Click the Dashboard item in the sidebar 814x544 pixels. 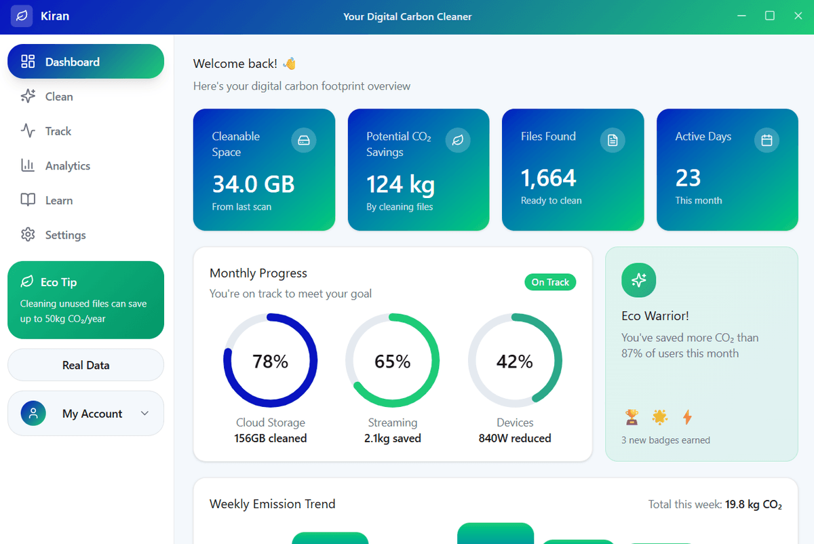(85, 62)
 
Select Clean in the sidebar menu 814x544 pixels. (58, 96)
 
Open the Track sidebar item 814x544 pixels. (58, 131)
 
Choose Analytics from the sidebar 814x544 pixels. (67, 166)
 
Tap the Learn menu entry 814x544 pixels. (58, 200)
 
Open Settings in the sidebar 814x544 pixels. (65, 235)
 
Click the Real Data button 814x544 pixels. (85, 365)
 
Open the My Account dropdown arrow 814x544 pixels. (144, 413)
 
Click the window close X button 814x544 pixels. (798, 16)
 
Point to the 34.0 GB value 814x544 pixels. (253, 184)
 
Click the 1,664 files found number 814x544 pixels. (548, 178)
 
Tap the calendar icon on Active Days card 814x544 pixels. (767, 140)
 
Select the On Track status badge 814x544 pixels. (550, 282)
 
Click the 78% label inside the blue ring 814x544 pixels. (270, 362)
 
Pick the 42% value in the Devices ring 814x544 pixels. (514, 362)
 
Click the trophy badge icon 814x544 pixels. (632, 416)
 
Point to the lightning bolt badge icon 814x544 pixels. (687, 416)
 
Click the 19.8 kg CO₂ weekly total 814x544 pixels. (753, 505)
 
